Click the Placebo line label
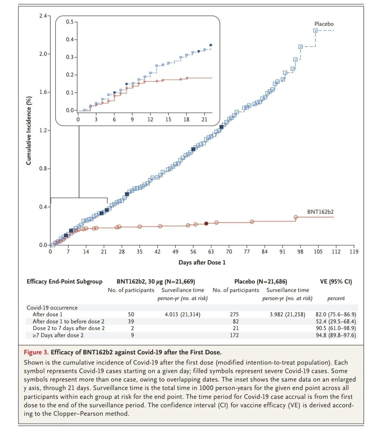[x=324, y=24]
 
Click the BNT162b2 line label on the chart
[x=320, y=212]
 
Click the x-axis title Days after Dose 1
[x=202, y=262]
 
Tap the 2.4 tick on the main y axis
[x=43, y=16]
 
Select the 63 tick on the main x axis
[x=211, y=252]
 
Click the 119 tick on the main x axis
[x=354, y=252]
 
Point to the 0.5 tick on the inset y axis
[x=70, y=22]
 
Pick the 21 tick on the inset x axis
[x=204, y=119]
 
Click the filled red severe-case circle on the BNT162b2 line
[x=206, y=224]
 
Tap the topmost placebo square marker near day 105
[x=316, y=31]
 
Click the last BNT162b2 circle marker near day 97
[x=296, y=217]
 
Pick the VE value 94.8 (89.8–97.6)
[x=336, y=335]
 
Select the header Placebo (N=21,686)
[x=261, y=281]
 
